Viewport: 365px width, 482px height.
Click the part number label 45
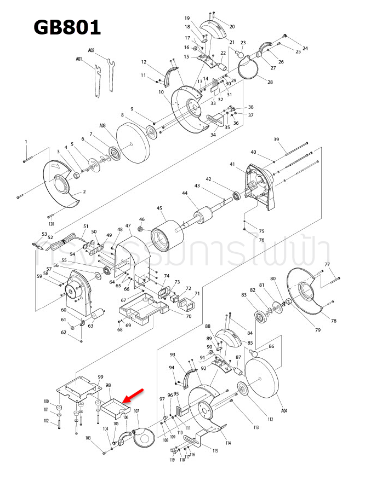[x=159, y=208]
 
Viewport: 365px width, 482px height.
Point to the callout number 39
[x=277, y=140]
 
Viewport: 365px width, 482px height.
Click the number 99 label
[x=100, y=377]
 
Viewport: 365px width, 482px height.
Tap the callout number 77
[x=327, y=264]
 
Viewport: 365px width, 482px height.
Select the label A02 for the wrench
[x=91, y=50]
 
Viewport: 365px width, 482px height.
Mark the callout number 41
[x=232, y=164]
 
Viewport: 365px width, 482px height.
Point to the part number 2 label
[x=84, y=192]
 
